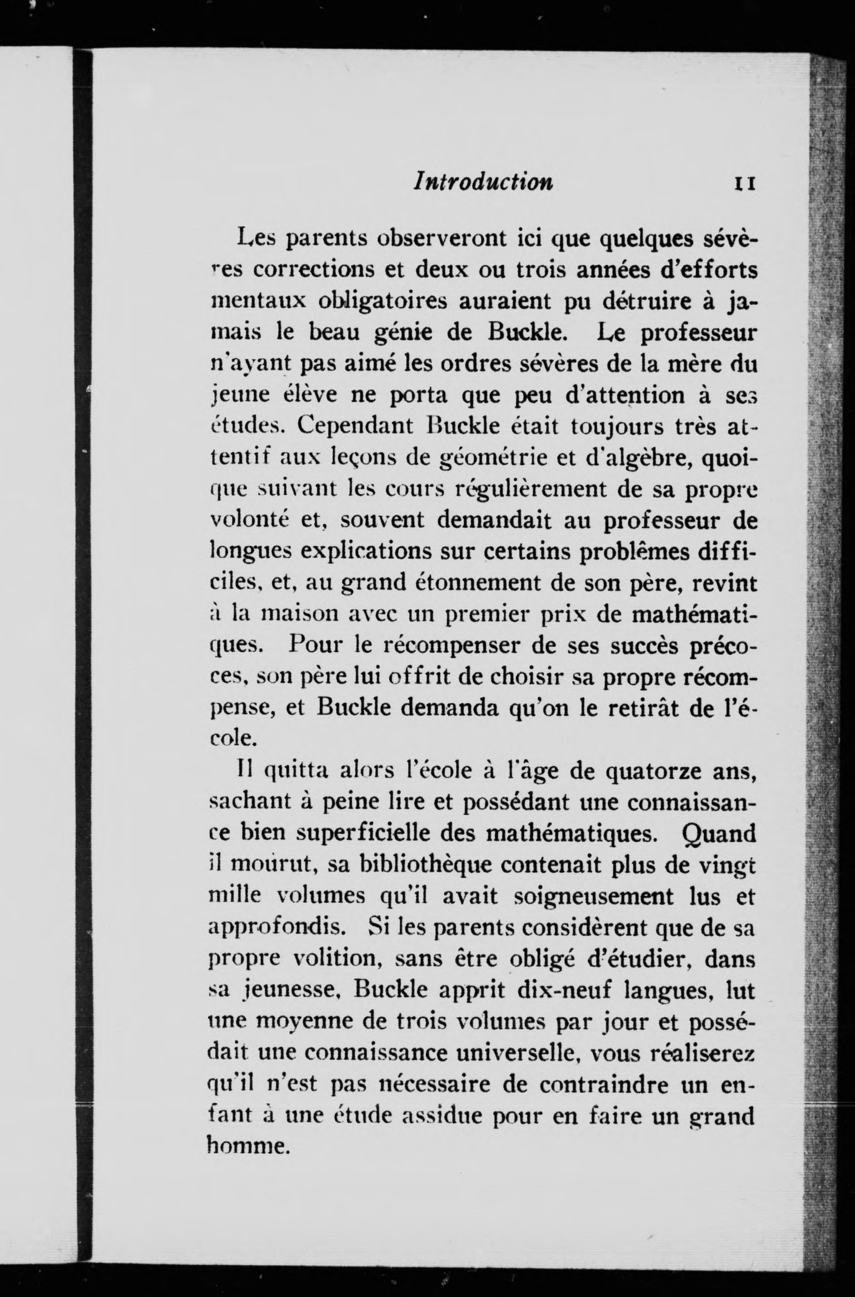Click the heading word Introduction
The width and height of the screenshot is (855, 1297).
pyautogui.click(x=483, y=181)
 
